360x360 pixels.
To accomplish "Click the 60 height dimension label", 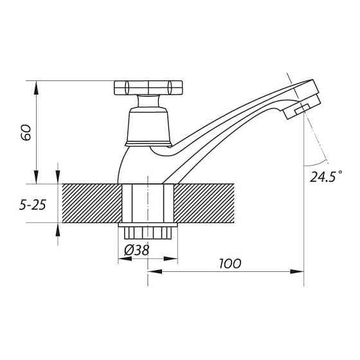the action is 26,132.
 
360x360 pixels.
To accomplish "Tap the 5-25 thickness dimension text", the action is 33,205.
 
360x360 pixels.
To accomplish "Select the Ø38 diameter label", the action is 136,250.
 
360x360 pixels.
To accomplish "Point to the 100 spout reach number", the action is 230,264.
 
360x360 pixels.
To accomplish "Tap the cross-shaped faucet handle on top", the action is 148,87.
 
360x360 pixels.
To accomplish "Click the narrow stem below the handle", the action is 148,102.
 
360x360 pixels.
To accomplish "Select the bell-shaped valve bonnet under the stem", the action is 148,127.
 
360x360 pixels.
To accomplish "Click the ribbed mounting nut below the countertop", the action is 148,233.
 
